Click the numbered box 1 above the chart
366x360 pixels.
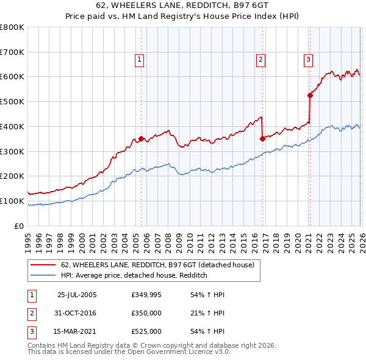pyautogui.click(x=140, y=59)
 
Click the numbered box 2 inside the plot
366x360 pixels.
pyautogui.click(x=260, y=59)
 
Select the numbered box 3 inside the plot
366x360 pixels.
pyautogui.click(x=309, y=59)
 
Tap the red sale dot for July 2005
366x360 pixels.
pyautogui.click(x=141, y=139)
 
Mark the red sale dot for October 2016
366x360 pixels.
pyautogui.click(x=262, y=139)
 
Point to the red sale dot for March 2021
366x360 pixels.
pyautogui.click(x=309, y=95)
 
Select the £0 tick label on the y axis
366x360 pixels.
pyautogui.click(x=20, y=226)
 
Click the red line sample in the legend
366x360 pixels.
pyautogui.click(x=43, y=265)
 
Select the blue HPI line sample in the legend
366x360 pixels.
pyautogui.click(x=43, y=275)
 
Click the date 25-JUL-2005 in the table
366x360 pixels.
pyautogui.click(x=77, y=295)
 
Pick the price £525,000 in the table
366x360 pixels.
pyautogui.click(x=146, y=331)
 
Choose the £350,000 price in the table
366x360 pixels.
pyautogui.click(x=146, y=313)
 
